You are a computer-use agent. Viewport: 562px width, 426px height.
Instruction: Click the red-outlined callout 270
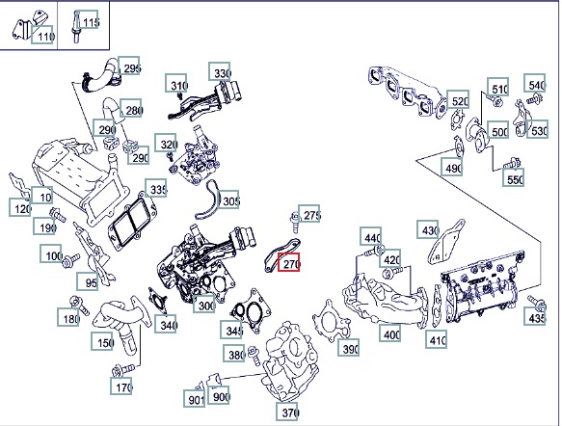288,262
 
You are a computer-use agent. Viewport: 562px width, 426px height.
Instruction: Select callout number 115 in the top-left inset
88,19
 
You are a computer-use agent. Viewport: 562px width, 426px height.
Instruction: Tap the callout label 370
287,412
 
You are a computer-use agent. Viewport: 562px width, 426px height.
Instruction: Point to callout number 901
195,398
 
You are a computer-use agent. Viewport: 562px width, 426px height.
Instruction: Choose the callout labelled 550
513,177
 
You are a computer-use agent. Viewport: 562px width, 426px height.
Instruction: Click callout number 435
535,316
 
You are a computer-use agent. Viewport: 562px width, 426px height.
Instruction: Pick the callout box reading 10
42,196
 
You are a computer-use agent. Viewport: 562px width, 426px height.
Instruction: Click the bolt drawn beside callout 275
295,222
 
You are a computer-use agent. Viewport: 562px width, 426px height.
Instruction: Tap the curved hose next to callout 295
99,77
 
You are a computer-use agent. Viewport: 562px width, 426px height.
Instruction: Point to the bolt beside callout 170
123,370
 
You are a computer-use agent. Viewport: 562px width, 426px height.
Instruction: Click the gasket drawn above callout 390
331,321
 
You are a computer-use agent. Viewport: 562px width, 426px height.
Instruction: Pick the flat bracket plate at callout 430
445,242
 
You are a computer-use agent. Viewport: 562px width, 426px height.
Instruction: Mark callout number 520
458,99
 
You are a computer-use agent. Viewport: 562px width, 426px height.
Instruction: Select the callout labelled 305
227,200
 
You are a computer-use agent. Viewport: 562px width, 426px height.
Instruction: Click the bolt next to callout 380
254,355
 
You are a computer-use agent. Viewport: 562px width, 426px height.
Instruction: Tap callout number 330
220,71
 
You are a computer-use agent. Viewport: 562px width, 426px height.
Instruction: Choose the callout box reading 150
102,341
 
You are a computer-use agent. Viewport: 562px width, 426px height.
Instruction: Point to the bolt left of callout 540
534,98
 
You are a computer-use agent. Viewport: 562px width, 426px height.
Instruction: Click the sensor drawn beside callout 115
76,27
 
